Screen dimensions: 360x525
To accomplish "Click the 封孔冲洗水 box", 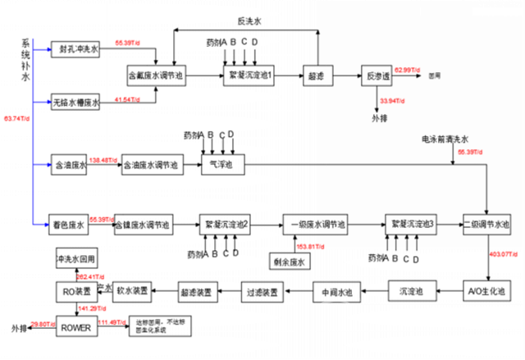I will click(75, 50).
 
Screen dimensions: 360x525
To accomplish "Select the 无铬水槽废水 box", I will click(75, 103).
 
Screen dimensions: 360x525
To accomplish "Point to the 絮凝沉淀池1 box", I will click(249, 75).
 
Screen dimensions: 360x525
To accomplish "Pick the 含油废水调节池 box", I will click(150, 164).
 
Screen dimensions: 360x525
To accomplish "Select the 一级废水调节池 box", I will click(315, 224).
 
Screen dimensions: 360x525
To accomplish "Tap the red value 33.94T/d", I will click(391, 101).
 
